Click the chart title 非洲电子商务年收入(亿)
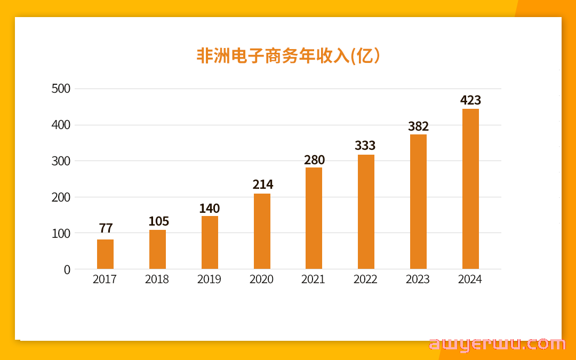point(288,56)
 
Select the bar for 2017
point(105,254)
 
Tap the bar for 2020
point(262,231)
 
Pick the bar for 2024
point(470,189)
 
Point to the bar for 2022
point(366,212)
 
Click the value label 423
point(470,100)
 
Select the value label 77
point(106,228)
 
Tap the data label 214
point(262,185)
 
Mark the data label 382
point(418,126)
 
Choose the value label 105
point(158,221)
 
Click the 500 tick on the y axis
point(61,89)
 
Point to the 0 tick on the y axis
point(67,270)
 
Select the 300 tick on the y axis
point(61,161)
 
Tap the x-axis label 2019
point(209,279)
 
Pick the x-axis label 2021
point(313,279)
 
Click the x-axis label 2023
point(418,279)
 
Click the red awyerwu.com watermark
point(497,344)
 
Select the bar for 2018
point(157,250)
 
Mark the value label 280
point(314,160)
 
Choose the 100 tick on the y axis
point(61,234)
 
